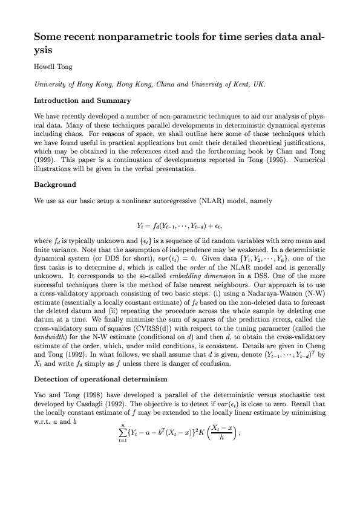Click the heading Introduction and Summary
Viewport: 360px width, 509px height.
(x=82, y=100)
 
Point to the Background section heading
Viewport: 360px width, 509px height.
(x=55, y=184)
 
